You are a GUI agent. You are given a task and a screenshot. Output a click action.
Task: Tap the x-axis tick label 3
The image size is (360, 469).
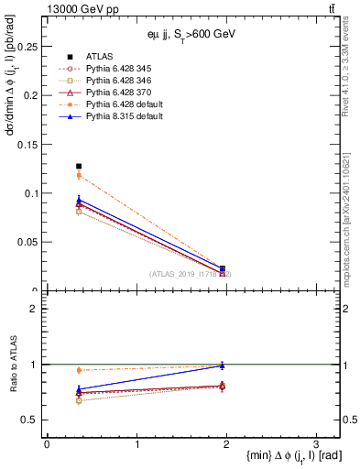[315, 443]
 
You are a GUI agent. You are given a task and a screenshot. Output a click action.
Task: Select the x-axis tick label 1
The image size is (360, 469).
[136, 443]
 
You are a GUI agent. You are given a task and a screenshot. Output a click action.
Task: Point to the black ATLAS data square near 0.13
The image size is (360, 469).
[79, 166]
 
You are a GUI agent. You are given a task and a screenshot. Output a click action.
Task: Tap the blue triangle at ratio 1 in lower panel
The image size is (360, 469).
[223, 365]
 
